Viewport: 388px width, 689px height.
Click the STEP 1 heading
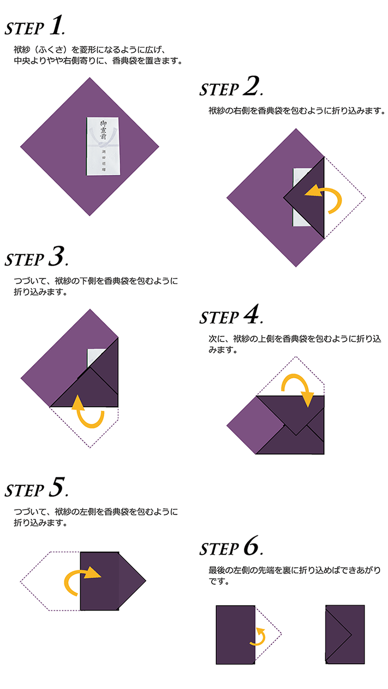point(34,26)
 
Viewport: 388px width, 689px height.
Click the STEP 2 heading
point(231,87)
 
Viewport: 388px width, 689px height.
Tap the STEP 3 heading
point(36,256)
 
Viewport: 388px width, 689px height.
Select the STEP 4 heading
point(231,314)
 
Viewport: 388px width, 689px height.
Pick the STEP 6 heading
point(231,546)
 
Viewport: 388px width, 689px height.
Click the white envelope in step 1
point(103,146)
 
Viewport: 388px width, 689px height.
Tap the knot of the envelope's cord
point(101,143)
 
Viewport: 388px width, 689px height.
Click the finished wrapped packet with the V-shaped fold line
point(345,634)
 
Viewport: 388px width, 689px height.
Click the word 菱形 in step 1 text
point(88,50)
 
